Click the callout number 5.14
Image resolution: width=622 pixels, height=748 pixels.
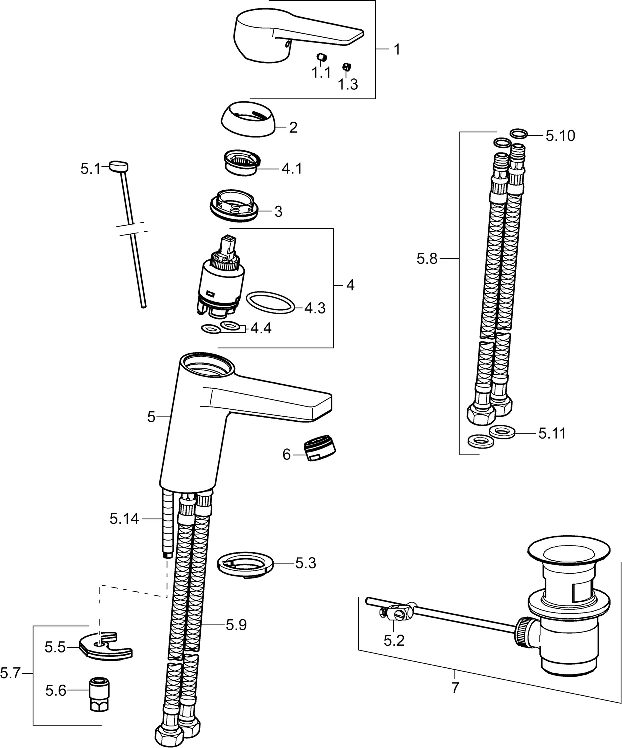coord(124,519)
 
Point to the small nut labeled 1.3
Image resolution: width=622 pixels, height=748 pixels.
coord(345,66)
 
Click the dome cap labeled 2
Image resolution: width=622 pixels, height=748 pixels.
coord(248,121)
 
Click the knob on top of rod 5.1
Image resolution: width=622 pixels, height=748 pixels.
coord(119,166)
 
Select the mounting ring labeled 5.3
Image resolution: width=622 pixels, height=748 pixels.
coord(245,565)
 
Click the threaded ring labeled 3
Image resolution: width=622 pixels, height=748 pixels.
coord(235,205)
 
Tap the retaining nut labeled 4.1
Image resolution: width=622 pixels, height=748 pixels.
coord(242,162)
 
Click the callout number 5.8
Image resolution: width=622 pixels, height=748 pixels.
coord(427,259)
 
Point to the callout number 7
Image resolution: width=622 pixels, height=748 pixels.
coord(455,688)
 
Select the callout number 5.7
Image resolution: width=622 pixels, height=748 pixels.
coord(10,674)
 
